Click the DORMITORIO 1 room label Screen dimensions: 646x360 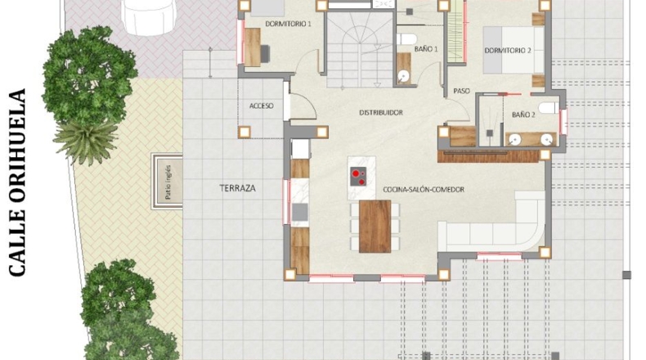(288, 24)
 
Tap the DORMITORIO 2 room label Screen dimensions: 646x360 (508, 50)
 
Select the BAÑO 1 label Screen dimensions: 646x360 (426, 49)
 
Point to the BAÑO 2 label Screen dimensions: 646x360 (523, 115)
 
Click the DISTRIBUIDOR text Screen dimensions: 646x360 (381, 112)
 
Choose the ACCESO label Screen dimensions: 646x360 (261, 106)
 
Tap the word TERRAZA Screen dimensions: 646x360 (237, 188)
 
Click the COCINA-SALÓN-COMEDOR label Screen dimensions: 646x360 (424, 190)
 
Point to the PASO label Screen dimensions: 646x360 (461, 91)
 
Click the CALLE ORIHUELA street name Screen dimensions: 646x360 (17, 182)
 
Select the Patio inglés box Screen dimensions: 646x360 (168, 182)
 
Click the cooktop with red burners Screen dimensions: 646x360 (358, 177)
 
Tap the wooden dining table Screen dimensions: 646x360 (375, 227)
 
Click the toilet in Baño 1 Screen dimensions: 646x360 (407, 39)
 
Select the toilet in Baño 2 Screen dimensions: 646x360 (549, 108)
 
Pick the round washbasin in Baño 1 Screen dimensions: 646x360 (403, 76)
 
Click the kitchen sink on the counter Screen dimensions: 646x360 (300, 213)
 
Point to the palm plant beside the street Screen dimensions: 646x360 (86, 141)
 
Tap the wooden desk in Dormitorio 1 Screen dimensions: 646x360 (253, 47)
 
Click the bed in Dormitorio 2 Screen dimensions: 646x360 (514, 50)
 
